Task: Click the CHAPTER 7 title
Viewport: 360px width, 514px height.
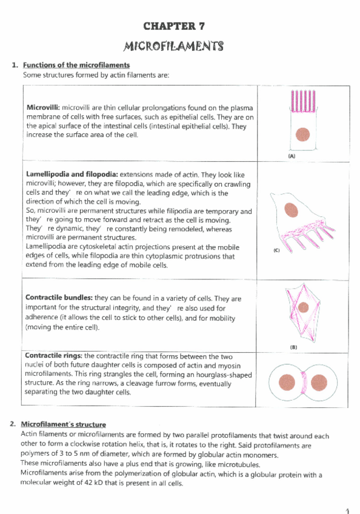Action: [173, 25]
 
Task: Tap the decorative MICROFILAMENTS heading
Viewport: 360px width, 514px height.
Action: [173, 46]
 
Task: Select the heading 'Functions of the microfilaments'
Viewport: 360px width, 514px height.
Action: [76, 65]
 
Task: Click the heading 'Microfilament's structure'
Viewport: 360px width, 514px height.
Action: [63, 424]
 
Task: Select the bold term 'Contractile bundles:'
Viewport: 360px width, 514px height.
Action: [59, 298]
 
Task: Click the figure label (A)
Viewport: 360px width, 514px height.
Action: [292, 156]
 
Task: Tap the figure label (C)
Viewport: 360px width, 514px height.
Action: [276, 250]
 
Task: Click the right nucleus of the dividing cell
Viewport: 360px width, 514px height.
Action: [330, 383]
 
